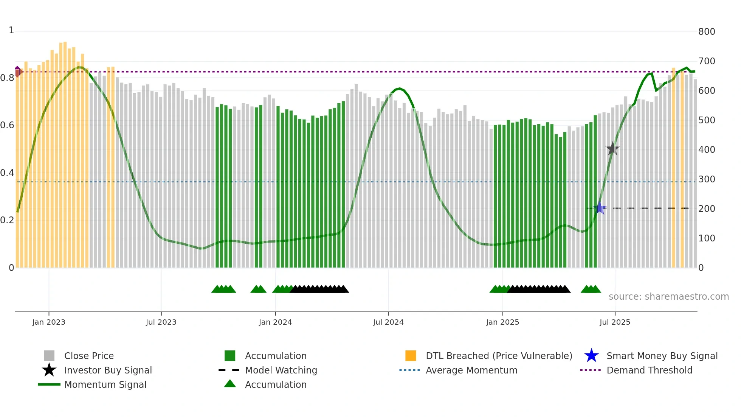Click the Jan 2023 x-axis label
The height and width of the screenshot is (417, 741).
[48, 322]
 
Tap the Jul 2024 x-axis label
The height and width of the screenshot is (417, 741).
[388, 322]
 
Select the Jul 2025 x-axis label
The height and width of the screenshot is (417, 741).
[615, 322]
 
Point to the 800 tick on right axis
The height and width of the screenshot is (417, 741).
[706, 32]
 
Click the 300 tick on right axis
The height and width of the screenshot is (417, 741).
[706, 179]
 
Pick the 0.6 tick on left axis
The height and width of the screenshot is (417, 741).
[7, 125]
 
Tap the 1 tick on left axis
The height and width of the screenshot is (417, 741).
[11, 30]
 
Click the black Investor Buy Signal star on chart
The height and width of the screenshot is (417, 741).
[612, 149]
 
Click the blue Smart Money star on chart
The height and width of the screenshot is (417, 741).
[600, 208]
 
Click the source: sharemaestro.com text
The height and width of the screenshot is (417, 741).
[668, 297]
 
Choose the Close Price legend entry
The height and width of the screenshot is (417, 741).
[89, 356]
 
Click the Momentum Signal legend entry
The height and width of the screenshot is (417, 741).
[105, 384]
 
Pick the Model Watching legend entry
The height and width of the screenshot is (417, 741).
[281, 370]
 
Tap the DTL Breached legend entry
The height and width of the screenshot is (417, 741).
[499, 356]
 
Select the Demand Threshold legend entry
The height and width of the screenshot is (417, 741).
[649, 370]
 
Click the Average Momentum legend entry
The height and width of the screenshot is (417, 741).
[471, 370]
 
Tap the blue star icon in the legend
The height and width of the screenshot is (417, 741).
[591, 356]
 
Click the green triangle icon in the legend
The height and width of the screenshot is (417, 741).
[230, 384]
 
